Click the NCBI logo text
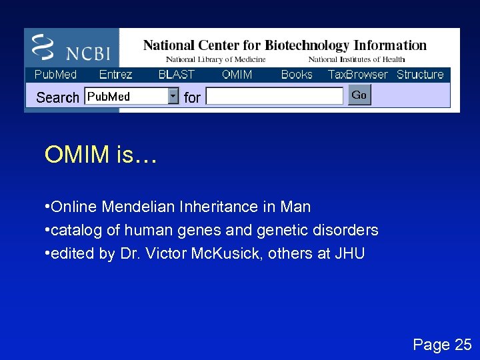(x=87, y=53)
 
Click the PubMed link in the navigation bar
(x=55, y=75)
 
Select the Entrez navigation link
(x=115, y=75)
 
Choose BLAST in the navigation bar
(x=176, y=75)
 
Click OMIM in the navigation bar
(x=237, y=75)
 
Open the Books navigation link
(x=297, y=75)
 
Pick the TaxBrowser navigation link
(x=357, y=75)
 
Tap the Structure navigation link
(x=420, y=75)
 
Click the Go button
(x=359, y=95)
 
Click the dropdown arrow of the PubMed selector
(x=173, y=97)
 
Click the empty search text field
(x=274, y=97)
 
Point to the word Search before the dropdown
(x=57, y=97)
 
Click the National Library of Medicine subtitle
(x=215, y=60)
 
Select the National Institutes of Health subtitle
(x=356, y=60)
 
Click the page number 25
(x=462, y=345)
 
